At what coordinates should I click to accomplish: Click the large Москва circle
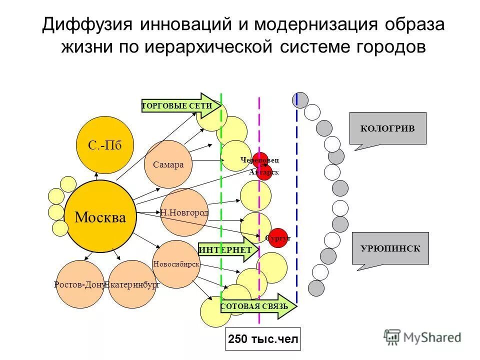100,216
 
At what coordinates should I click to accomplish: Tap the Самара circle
168,164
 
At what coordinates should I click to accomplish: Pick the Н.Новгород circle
184,212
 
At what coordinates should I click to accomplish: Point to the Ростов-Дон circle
79,284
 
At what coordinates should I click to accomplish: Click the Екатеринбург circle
132,284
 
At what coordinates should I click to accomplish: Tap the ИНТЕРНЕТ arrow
228,249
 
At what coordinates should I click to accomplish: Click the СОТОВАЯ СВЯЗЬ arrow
257,305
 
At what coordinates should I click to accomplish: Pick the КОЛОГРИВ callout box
387,128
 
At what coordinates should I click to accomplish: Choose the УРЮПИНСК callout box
390,248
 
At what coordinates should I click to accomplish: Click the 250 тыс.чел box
263,340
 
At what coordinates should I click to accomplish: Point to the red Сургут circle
277,238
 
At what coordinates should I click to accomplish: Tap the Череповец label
259,160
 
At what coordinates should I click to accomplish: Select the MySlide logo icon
392,336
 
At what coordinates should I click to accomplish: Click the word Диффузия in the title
87,26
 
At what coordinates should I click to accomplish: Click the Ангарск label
263,172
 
